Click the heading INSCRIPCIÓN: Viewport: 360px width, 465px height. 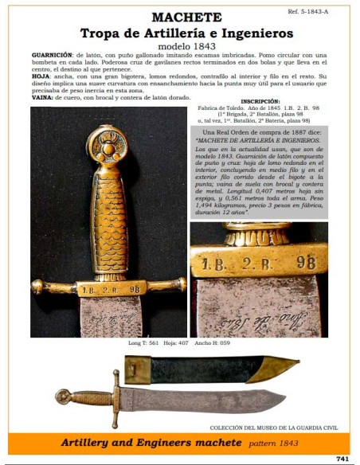click(260, 102)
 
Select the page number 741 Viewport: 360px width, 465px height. click(342, 458)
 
